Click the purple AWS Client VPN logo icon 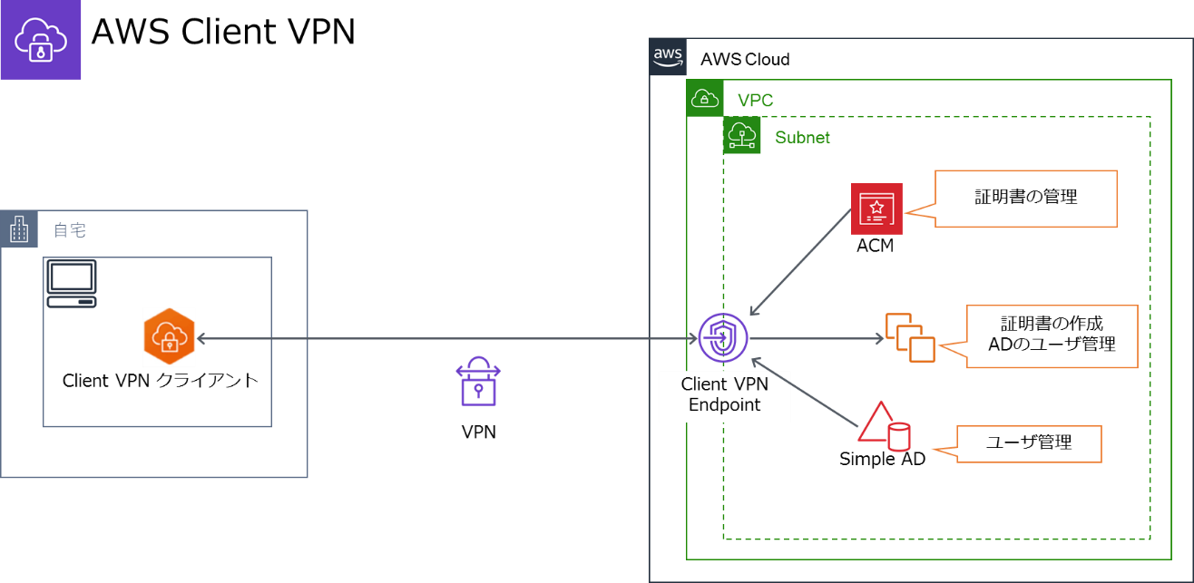(41, 39)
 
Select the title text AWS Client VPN (223, 32)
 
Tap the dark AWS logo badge (668, 56)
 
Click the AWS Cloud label (745, 59)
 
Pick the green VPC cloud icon (705, 98)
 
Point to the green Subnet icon (741, 135)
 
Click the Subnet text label (802, 138)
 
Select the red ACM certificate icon (876, 209)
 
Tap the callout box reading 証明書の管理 (1025, 199)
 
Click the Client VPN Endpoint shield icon (723, 338)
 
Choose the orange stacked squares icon (910, 338)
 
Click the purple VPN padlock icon (478, 381)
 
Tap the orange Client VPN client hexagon (169, 336)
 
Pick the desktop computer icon (72, 284)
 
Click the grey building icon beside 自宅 (19, 229)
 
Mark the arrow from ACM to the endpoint (800, 262)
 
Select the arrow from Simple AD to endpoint (805, 393)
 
